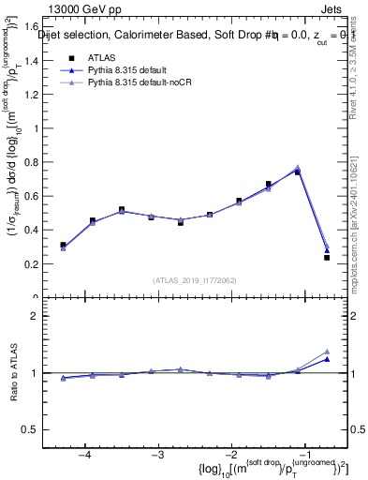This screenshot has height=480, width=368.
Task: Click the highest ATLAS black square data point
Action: click(x=297, y=172)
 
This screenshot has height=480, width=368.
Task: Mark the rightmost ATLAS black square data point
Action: click(x=327, y=257)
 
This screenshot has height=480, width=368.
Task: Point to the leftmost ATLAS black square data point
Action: click(x=63, y=245)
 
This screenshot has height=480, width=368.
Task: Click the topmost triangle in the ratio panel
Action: click(x=327, y=351)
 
